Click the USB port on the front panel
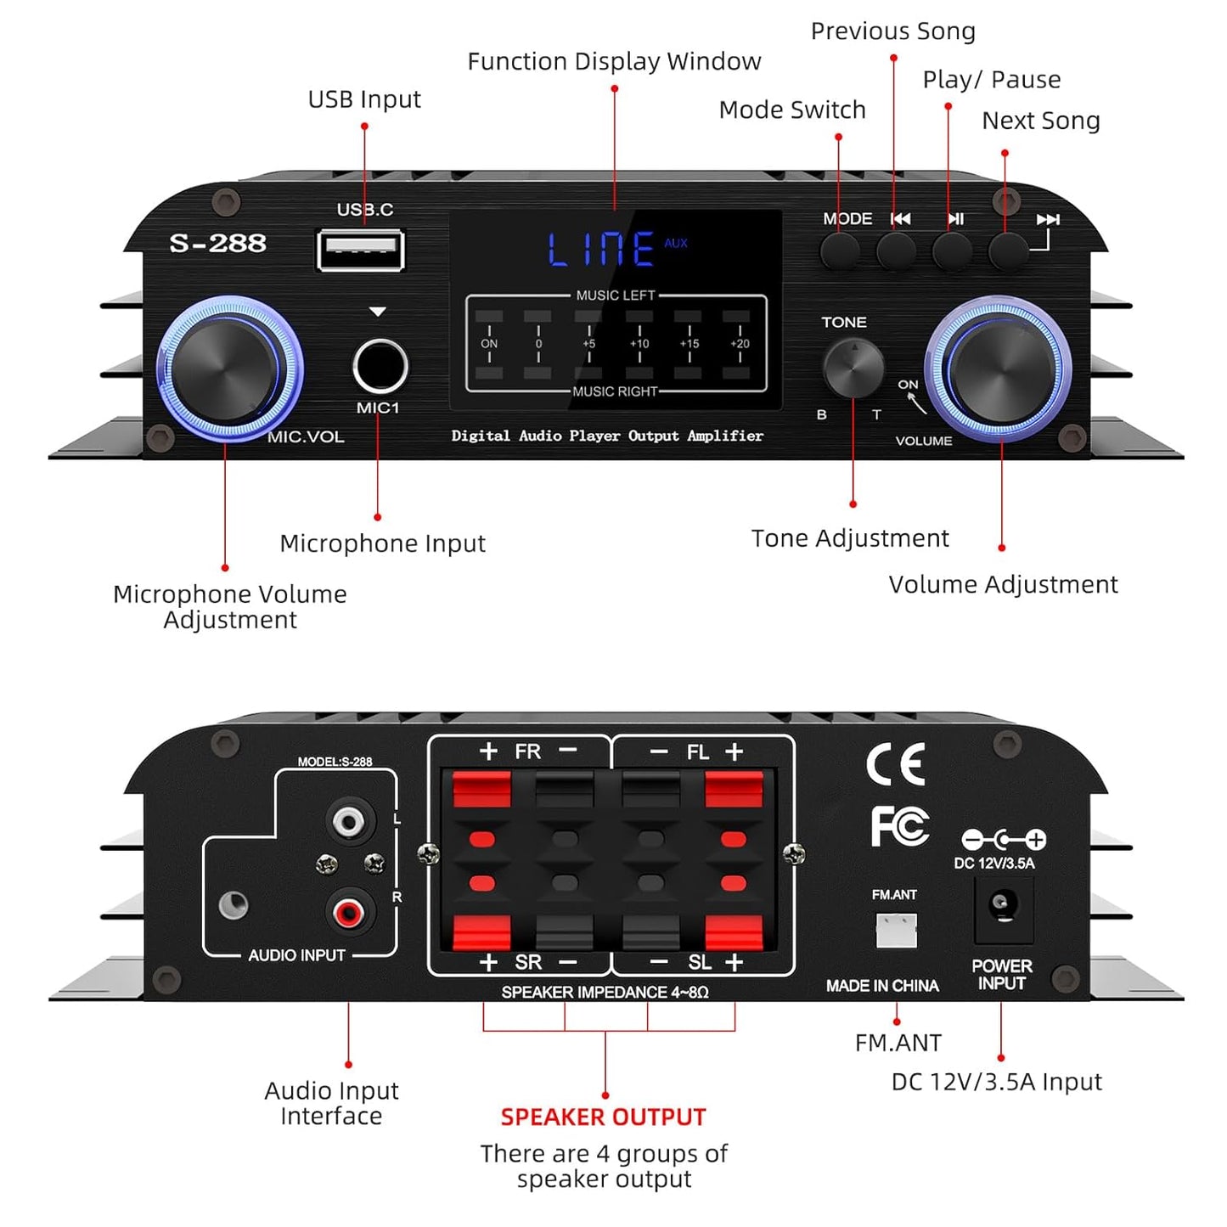point(360,250)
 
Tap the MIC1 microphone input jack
point(380,366)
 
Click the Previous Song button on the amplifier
point(896,250)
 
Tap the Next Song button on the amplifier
point(1008,250)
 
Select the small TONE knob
point(853,368)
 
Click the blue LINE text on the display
point(601,250)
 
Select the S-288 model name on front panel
point(217,244)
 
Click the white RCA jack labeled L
point(348,821)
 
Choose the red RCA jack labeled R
point(348,913)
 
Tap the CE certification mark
point(896,763)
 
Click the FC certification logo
point(899,825)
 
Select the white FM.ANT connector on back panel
point(896,931)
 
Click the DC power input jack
point(1003,905)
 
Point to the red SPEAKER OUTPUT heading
point(603,1117)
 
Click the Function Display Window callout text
point(614,61)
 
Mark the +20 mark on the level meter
point(740,344)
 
